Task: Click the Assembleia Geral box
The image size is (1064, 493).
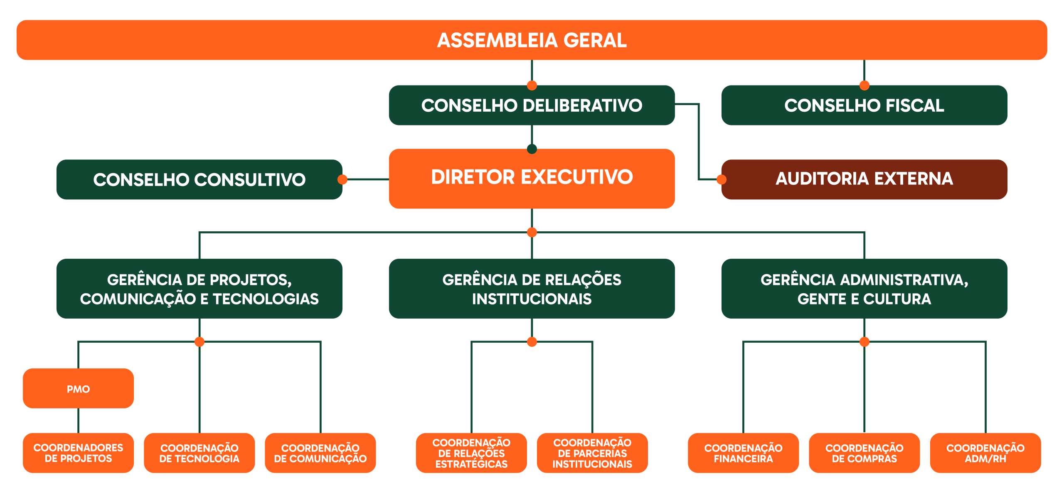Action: pos(532,40)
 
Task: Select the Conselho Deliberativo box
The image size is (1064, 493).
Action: pos(532,105)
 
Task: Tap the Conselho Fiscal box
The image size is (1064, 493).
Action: pos(864,105)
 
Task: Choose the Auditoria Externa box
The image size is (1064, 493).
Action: pos(864,179)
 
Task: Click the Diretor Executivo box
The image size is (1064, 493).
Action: pos(532,178)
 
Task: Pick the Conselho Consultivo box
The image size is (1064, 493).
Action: pos(199,179)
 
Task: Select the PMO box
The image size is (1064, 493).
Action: pos(78,389)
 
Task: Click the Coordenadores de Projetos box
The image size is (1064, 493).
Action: pos(78,453)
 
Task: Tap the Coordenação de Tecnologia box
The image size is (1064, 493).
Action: pos(199,453)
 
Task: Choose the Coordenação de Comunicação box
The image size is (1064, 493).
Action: pos(320,453)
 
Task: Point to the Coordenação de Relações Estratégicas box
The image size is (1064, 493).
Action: pos(471,453)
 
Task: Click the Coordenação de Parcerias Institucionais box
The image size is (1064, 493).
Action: pos(592,453)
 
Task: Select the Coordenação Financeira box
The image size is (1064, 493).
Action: pos(743,453)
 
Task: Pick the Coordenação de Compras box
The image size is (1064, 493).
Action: pos(864,453)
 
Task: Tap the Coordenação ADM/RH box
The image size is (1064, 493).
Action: pos(985,453)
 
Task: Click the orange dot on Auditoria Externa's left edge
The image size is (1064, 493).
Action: pos(722,179)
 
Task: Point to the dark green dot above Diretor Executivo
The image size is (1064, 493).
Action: pos(532,149)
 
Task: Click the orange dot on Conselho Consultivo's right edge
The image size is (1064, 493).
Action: pos(342,179)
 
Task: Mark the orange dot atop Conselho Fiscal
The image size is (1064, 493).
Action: pos(864,86)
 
